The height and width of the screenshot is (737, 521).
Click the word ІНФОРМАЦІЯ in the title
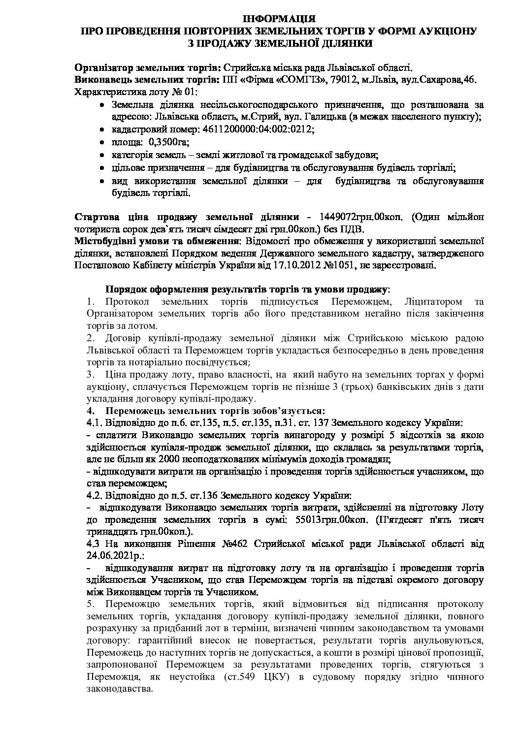coord(279,20)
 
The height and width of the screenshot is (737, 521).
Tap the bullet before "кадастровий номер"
coord(101,129)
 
